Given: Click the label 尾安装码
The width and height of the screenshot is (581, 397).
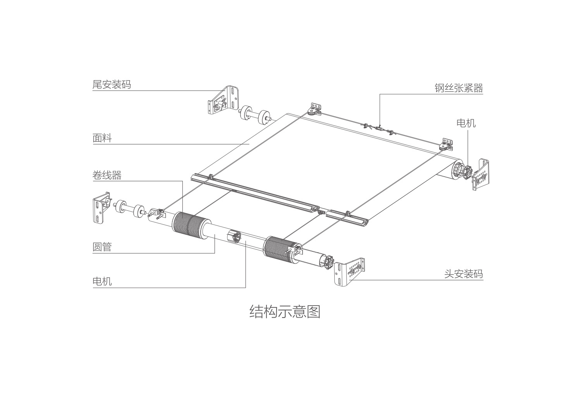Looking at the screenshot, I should coord(112,84).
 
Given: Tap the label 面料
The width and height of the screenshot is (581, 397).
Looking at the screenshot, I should coord(102,138).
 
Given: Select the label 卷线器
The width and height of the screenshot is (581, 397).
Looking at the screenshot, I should coord(107,175).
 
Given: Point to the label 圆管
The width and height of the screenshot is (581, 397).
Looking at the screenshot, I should coord(102,247).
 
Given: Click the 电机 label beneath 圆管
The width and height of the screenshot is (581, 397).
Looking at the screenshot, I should coord(102,281).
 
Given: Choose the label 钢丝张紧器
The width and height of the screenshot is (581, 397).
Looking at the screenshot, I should coord(459,88).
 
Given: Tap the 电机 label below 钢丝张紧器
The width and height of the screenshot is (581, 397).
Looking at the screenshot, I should coord(466,123).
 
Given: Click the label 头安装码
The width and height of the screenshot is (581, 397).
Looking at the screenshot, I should coord(464,274).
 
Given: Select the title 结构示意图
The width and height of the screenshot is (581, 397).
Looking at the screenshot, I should coord(285,311).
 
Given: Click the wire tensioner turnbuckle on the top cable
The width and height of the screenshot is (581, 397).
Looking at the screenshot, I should coord(379,128).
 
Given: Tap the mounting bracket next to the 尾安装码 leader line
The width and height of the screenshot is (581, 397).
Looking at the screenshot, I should coord(223,101).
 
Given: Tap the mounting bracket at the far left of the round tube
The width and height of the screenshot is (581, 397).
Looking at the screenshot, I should coord(101,207).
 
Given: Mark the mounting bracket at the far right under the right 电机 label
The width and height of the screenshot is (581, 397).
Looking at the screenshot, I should coord(481,174).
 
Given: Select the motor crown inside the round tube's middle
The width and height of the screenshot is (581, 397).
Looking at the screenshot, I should coord(235,237).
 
